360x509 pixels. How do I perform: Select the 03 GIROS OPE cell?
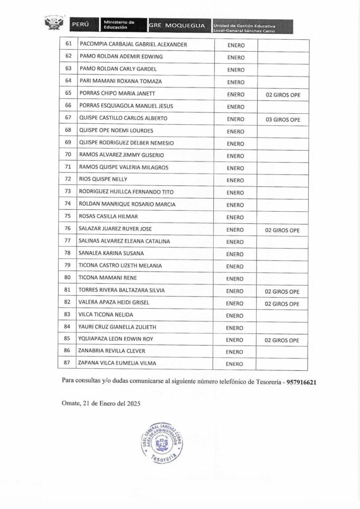click(282, 119)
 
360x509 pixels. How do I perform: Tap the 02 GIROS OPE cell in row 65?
click(282, 94)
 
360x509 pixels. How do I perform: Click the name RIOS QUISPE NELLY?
click(103, 179)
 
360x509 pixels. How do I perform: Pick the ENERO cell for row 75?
click(235, 217)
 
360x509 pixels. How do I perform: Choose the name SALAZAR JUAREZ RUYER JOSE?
click(115, 229)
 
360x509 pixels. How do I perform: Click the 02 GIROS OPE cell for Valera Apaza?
click(282, 303)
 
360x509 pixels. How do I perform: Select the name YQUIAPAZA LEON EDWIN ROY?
click(115, 340)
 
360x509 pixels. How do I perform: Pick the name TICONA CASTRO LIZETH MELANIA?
click(120, 266)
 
